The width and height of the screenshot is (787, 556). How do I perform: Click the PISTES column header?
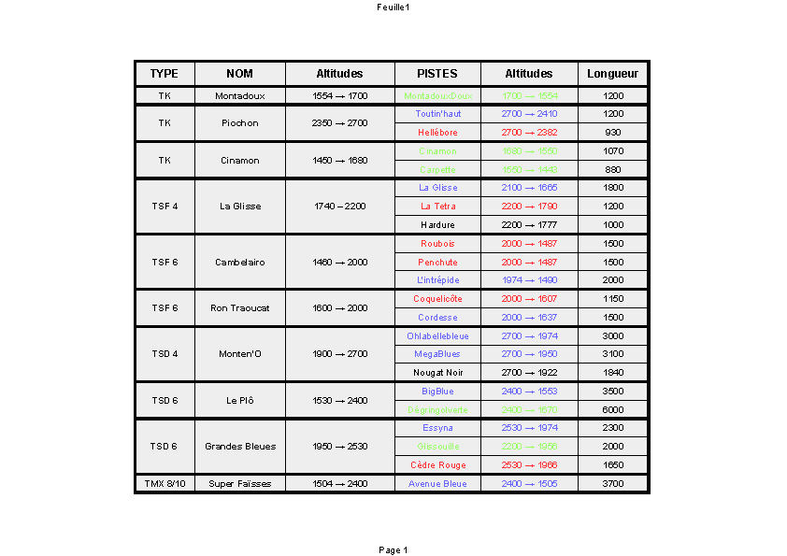click(x=436, y=74)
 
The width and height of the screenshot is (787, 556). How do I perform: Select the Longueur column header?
click(x=613, y=74)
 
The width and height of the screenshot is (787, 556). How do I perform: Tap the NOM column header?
click(x=239, y=74)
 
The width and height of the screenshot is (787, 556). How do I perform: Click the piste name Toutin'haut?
click(x=437, y=114)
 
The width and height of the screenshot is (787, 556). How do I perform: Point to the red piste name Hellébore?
click(x=437, y=133)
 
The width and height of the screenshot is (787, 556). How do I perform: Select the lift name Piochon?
click(x=239, y=123)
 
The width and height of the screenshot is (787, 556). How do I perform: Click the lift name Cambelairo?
click(x=239, y=263)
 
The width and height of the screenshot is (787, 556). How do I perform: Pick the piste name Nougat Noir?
click(x=437, y=373)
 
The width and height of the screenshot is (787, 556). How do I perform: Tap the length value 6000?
click(x=613, y=410)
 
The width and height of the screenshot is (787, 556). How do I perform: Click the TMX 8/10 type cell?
click(x=165, y=484)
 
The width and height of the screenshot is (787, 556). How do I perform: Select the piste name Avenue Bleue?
click(x=437, y=484)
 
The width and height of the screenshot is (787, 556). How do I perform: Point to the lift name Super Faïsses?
click(x=239, y=484)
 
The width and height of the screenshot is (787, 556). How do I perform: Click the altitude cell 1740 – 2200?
click(x=339, y=207)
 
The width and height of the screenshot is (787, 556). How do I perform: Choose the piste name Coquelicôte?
click(x=437, y=299)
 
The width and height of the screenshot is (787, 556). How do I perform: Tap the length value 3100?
click(x=613, y=354)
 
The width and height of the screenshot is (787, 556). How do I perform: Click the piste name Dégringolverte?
click(x=437, y=410)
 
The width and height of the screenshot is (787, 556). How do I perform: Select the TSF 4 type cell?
click(x=165, y=207)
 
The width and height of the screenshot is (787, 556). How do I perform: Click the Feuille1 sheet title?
click(x=393, y=7)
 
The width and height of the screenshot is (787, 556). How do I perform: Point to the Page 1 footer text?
click(x=393, y=550)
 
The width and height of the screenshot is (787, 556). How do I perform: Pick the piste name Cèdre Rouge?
click(x=437, y=465)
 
